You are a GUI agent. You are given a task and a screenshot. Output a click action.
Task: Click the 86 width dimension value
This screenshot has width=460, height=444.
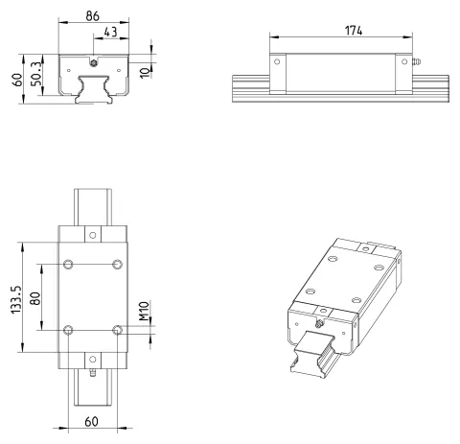point(93,16)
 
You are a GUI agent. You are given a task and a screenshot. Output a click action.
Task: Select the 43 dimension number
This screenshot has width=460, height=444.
point(111,32)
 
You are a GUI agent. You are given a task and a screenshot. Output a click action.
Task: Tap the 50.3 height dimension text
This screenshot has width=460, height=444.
point(36,74)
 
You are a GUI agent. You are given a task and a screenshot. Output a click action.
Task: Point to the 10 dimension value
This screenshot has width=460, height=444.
point(146,73)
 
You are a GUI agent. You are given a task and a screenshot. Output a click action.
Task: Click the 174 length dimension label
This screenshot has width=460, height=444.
point(354,31)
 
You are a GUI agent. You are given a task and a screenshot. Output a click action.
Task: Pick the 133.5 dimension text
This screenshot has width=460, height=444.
point(16,299)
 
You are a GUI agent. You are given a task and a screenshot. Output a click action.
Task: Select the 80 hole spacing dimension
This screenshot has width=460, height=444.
point(35,298)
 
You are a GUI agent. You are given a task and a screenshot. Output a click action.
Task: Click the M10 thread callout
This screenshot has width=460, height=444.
point(145,311)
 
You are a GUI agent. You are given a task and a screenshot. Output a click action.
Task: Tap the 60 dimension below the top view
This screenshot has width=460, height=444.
point(92,422)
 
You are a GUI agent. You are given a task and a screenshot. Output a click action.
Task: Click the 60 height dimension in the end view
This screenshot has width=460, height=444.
point(17,80)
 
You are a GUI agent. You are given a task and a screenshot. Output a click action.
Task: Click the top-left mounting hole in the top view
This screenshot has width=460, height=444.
point(68,265)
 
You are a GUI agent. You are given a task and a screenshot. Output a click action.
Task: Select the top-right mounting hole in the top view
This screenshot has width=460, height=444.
point(117,265)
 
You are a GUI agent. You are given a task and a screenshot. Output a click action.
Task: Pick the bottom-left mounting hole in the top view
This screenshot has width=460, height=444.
point(68,330)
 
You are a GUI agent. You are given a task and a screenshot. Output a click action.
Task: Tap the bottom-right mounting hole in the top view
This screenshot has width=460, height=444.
point(117,330)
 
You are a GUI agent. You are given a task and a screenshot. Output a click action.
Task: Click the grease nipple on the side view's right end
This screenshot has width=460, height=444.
point(416,61)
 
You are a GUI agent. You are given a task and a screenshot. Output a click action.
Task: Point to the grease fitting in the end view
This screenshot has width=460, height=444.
point(93,63)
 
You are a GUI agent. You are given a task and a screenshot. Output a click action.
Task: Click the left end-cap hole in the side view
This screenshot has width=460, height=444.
point(277,61)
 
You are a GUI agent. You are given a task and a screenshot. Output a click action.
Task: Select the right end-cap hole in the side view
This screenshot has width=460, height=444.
point(404,61)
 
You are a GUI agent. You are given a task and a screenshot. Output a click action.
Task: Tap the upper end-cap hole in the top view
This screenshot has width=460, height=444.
point(93,235)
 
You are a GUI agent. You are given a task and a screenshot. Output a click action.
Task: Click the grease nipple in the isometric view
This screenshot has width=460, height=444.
point(319,324)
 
